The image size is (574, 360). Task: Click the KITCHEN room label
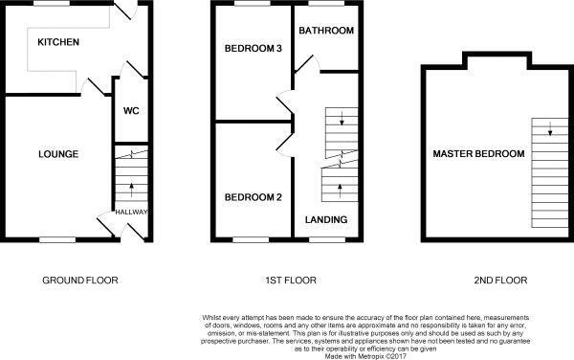pos(58,43)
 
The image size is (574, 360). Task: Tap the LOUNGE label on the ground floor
pos(57,154)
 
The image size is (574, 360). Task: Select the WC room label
pos(131,110)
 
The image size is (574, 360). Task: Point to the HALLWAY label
pos(131,212)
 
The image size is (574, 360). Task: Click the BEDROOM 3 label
pos(252,49)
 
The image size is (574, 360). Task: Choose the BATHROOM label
pos(326,31)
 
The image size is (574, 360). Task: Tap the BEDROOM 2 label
pos(252,198)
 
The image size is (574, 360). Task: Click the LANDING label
pos(326,220)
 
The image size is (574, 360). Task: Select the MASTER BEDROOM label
pos(478,154)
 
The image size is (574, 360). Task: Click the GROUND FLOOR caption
pos(79,281)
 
